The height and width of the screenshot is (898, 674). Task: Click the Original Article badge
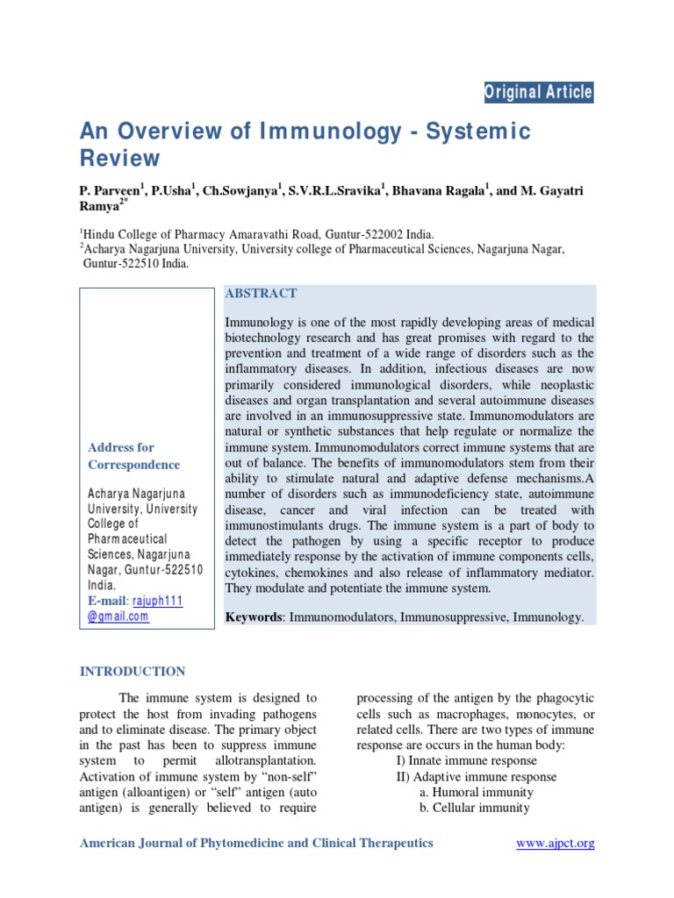pos(539,92)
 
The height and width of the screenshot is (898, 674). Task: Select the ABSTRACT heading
pos(262,294)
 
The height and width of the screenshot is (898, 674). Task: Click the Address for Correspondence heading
pos(133,456)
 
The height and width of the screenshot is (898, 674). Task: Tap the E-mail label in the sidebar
pos(107,601)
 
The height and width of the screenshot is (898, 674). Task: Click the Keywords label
pos(253,617)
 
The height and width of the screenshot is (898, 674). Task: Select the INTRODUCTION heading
pos(133,672)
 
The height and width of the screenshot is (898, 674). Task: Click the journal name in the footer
pos(256,844)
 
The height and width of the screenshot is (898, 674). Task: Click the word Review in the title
pos(120,159)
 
